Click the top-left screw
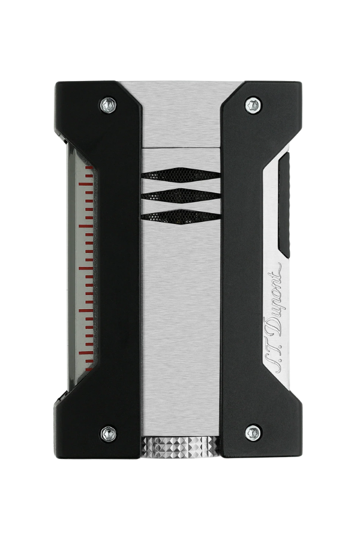[x=108, y=105]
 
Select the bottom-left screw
[x=108, y=432]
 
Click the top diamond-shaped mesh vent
[x=181, y=175]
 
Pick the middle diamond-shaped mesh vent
[x=181, y=196]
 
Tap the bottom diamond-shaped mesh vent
[x=181, y=217]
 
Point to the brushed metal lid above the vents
[x=181, y=114]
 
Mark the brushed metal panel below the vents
[x=181, y=330]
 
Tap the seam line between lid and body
[x=181, y=147]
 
